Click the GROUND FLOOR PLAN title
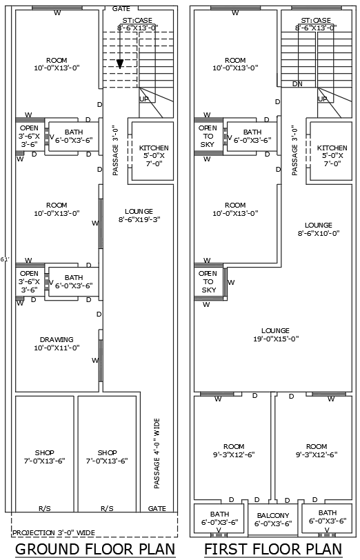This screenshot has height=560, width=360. pyautogui.click(x=94, y=549)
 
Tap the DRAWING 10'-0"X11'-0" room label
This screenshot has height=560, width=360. pyautogui.click(x=57, y=343)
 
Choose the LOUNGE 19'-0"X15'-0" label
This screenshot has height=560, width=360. pyautogui.click(x=276, y=334)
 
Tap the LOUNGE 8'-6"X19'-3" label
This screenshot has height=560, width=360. pyautogui.click(x=139, y=215)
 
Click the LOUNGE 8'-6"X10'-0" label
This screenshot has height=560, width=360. pyautogui.click(x=318, y=229)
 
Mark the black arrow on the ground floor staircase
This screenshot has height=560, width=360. pyautogui.click(x=120, y=63)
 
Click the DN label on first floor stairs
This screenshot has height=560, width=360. pyautogui.click(x=297, y=83)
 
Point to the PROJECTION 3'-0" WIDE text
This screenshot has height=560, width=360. pyautogui.click(x=54, y=532)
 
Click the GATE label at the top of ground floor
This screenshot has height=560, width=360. pyautogui.click(x=120, y=9)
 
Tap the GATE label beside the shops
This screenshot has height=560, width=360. pyautogui.click(x=157, y=508)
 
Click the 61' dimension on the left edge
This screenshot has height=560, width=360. pyautogui.click(x=5, y=259)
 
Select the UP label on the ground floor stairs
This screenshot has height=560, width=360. pyautogui.click(x=144, y=99)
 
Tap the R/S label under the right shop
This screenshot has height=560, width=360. pyautogui.click(x=107, y=508)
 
